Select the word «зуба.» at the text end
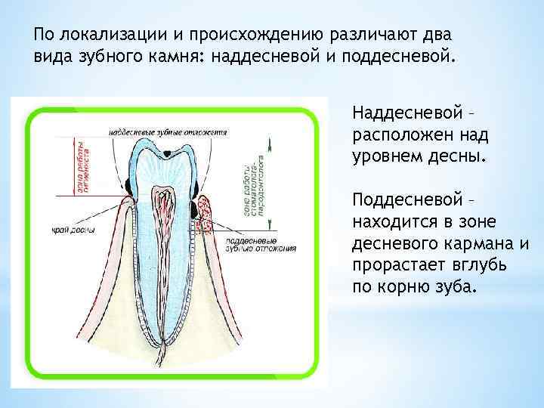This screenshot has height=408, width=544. pos(456,287)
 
